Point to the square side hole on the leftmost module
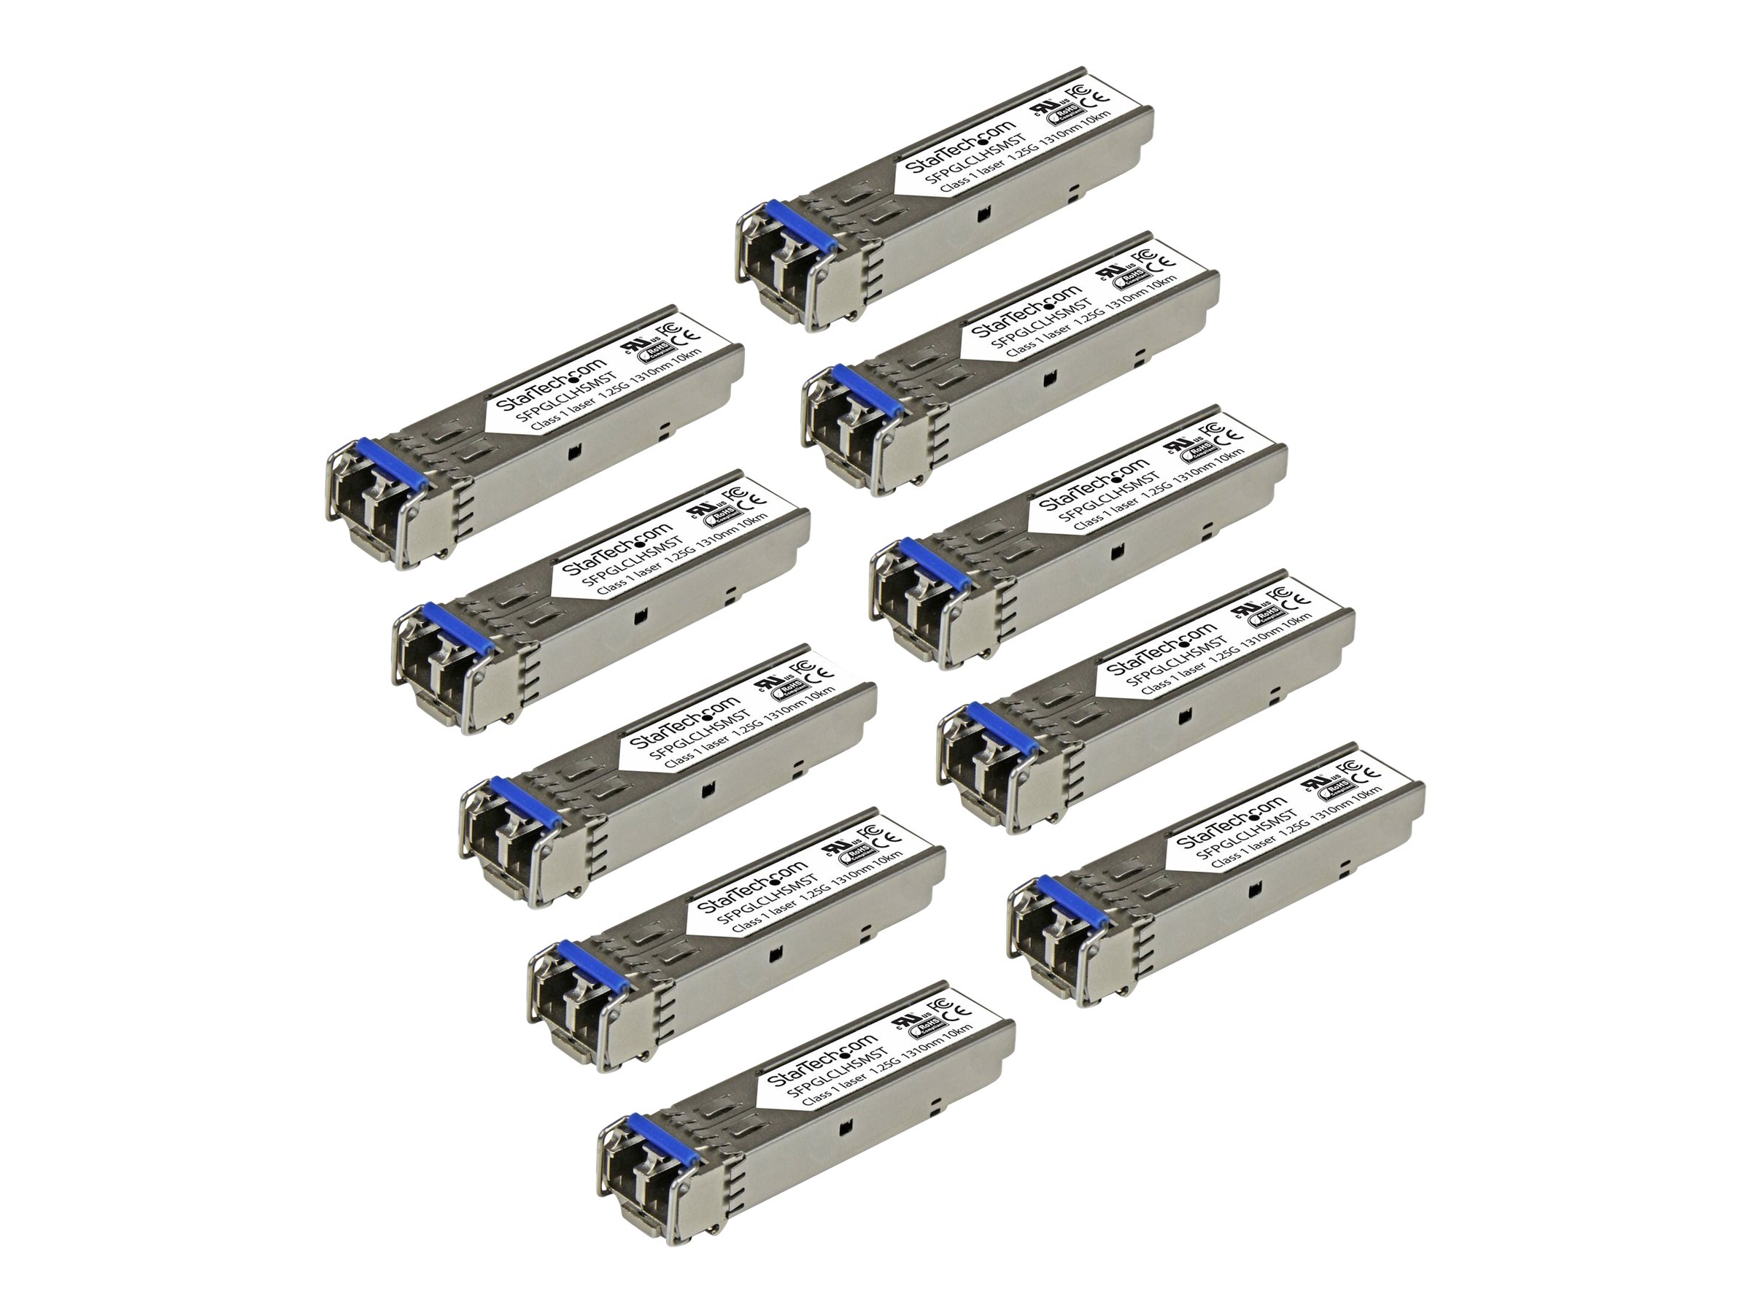(574, 454)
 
